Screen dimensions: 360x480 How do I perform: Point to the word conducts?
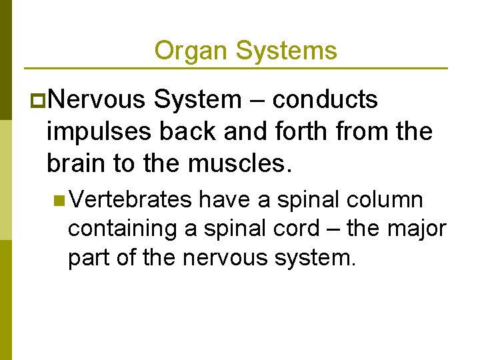(x=325, y=100)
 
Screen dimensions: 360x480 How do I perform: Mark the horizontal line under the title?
(x=235, y=68)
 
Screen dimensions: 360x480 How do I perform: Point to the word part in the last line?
(x=90, y=257)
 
